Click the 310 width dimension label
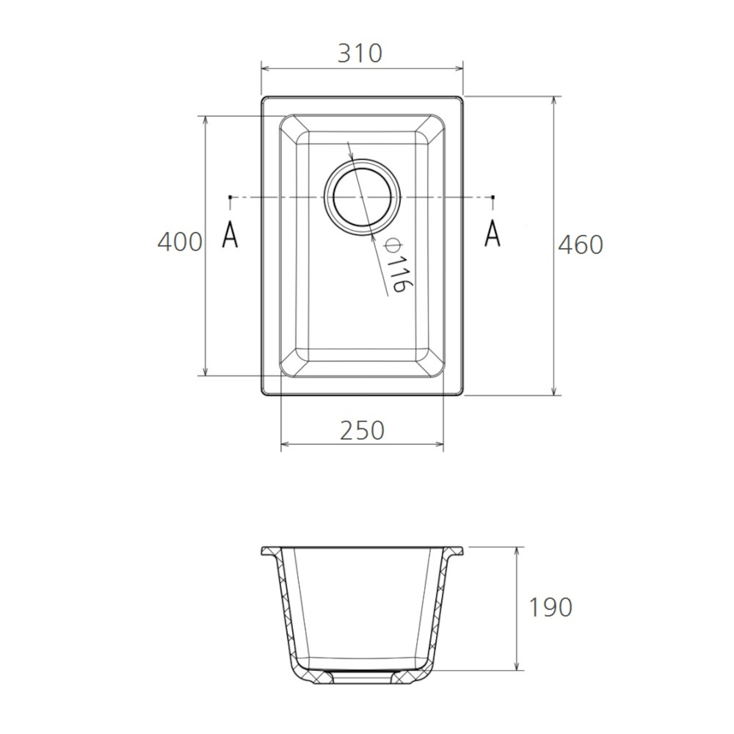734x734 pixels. tap(360, 53)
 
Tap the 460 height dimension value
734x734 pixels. tap(580, 245)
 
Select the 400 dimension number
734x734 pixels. tap(180, 242)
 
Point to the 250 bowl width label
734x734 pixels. tap(362, 431)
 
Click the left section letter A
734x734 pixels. tap(230, 235)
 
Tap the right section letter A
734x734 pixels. tap(493, 233)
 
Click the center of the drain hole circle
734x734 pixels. tap(362, 197)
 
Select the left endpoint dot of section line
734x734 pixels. tap(230, 197)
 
